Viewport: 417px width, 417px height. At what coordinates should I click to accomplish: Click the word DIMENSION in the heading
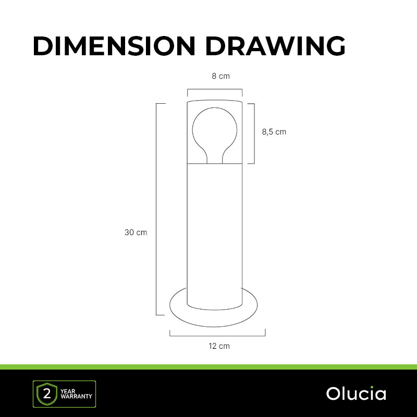click(114, 46)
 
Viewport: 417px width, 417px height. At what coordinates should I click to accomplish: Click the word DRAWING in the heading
click(276, 46)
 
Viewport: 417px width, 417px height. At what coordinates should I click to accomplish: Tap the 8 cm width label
click(220, 76)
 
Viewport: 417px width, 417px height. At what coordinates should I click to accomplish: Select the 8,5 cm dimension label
click(274, 132)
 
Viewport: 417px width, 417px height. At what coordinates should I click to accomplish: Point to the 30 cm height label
click(136, 232)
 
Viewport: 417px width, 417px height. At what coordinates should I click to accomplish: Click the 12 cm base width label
click(219, 346)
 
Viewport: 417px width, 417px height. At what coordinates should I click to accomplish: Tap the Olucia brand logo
click(356, 394)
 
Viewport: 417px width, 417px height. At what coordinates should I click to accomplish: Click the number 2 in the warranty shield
click(47, 394)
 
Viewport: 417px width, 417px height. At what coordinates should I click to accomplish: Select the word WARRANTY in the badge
click(76, 397)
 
